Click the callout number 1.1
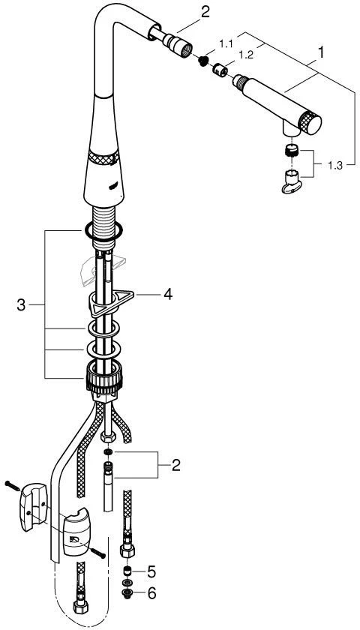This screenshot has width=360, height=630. (226, 44)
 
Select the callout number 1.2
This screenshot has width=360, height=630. (246, 55)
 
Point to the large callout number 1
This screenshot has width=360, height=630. (320, 52)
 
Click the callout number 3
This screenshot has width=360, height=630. (21, 305)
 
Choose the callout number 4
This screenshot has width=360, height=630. (167, 294)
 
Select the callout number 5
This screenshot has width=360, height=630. (151, 571)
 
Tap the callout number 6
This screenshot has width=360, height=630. (151, 593)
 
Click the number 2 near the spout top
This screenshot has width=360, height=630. (205, 12)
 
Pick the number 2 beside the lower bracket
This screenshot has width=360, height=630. (175, 466)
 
